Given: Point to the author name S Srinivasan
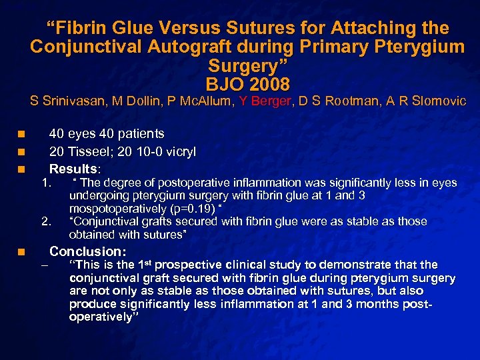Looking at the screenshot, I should click(69, 101).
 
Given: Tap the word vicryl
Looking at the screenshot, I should click(178, 151).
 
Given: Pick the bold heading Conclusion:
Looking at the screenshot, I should click(88, 251).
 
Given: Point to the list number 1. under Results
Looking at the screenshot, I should click(46, 183).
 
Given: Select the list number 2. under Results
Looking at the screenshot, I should click(46, 221).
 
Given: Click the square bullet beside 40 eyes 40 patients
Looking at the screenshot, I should click(22, 135).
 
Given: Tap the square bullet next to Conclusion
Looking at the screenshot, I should click(22, 252).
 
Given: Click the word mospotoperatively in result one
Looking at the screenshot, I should click(111, 208).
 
